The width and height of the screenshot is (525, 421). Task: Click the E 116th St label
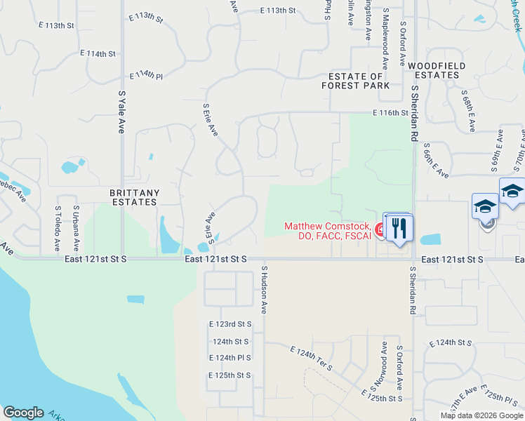pos(390,112)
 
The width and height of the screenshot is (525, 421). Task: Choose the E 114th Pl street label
pos(147,76)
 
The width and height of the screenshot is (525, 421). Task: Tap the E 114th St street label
pos(98,53)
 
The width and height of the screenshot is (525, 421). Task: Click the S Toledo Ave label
pos(58,229)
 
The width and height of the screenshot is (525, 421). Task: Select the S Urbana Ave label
pos(76,229)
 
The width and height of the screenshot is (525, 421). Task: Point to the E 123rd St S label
pos(230,324)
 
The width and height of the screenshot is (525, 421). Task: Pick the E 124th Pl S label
pos(230,358)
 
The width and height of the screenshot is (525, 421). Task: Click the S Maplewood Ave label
pos(385,33)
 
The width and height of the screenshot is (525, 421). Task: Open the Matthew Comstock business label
pos(328,230)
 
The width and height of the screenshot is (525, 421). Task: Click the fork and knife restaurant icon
pos(399,229)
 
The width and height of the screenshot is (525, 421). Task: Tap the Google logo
pos(23,413)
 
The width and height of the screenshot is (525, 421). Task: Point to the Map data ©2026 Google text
pos(481,415)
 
